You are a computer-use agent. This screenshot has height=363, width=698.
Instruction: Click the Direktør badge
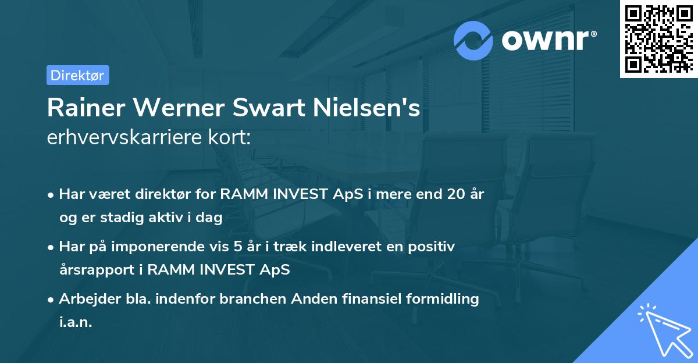click(77, 75)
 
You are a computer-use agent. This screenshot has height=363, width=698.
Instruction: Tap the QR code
click(658, 39)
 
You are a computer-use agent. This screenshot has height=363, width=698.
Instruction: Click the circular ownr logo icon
click(473, 40)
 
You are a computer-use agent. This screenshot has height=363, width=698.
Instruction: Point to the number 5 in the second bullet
click(237, 247)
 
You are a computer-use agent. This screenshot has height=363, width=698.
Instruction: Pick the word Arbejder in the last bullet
click(86, 299)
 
